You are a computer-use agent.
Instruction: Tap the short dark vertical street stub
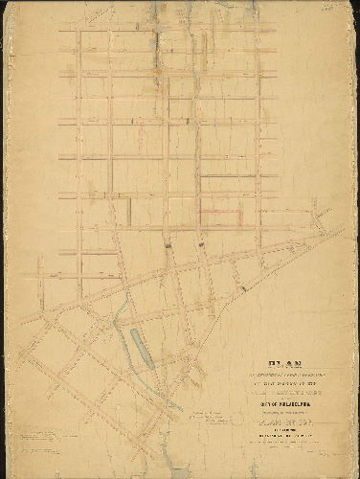point(130,207)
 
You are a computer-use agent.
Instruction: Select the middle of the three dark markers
point(202,246)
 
